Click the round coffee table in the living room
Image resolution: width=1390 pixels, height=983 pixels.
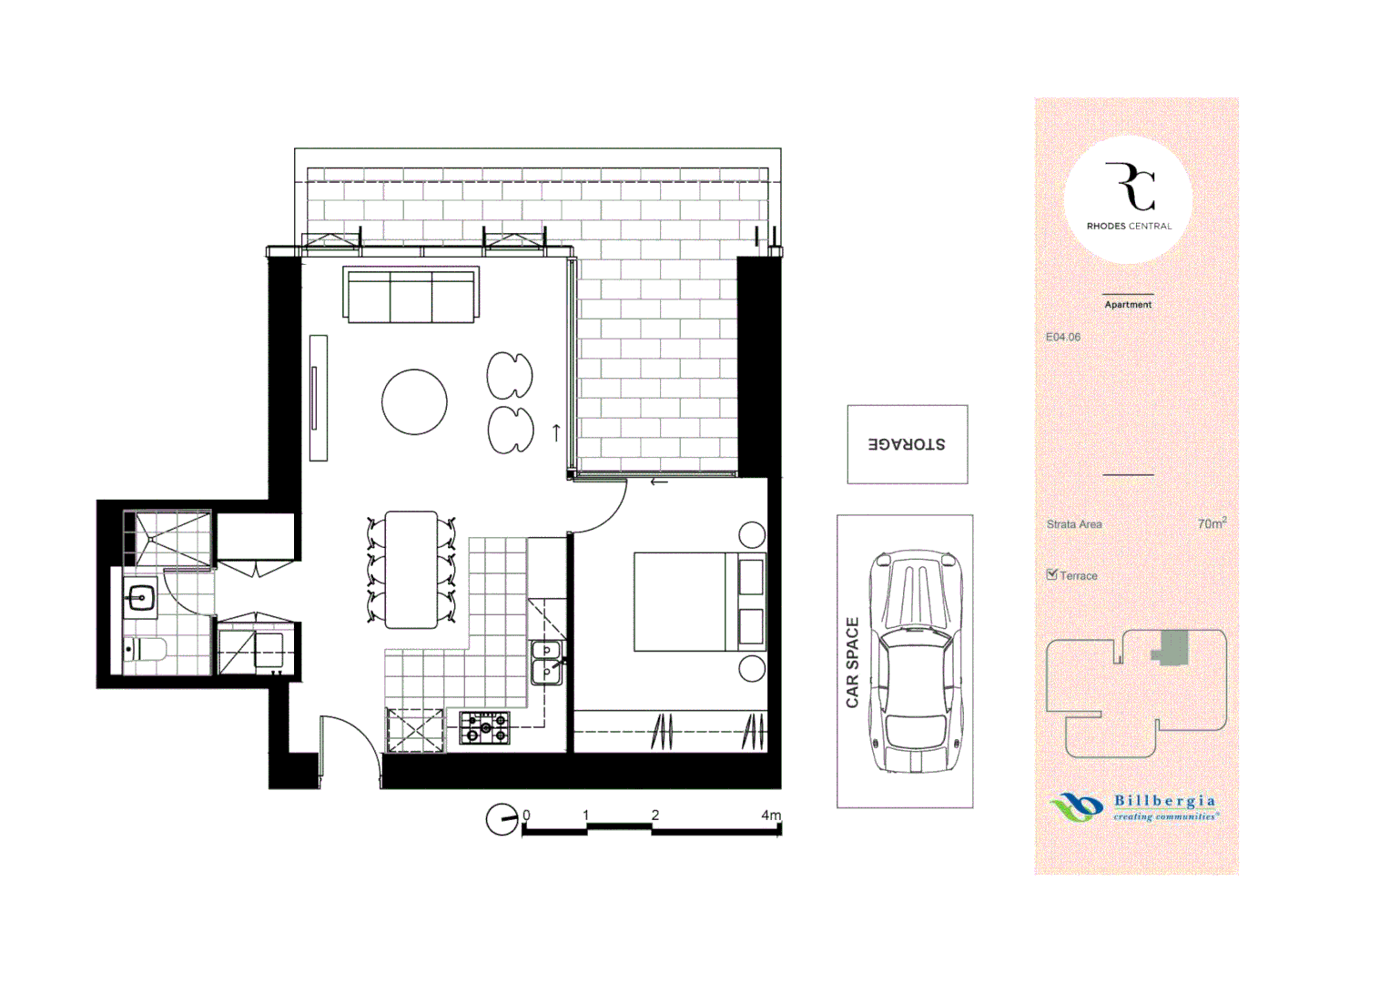click(x=414, y=401)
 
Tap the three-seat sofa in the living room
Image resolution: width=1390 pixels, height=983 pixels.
click(x=411, y=295)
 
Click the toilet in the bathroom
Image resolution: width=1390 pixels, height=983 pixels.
click(x=145, y=650)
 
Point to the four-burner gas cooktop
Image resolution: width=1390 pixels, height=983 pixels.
click(x=484, y=728)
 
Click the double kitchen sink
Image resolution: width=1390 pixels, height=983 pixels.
click(x=547, y=663)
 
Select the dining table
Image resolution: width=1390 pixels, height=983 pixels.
click(x=411, y=569)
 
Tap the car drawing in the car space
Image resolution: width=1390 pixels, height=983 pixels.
click(x=916, y=661)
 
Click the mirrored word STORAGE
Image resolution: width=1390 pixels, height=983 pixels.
click(x=907, y=444)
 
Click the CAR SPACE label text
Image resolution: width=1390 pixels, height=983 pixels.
click(x=852, y=663)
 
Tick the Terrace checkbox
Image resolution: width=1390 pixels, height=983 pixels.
click(x=1051, y=574)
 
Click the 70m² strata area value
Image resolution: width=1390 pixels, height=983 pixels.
click(x=1212, y=523)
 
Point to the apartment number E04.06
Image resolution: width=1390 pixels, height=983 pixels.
click(x=1063, y=337)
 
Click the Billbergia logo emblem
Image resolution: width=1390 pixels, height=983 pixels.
click(x=1076, y=806)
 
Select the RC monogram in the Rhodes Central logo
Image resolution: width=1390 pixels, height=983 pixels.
click(x=1130, y=187)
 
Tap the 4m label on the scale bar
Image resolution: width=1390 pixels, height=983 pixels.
click(x=771, y=815)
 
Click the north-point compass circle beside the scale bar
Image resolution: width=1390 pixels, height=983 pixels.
click(x=502, y=819)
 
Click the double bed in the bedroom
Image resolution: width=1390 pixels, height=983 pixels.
click(x=700, y=602)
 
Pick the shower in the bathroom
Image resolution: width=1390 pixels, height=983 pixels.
click(x=167, y=538)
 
